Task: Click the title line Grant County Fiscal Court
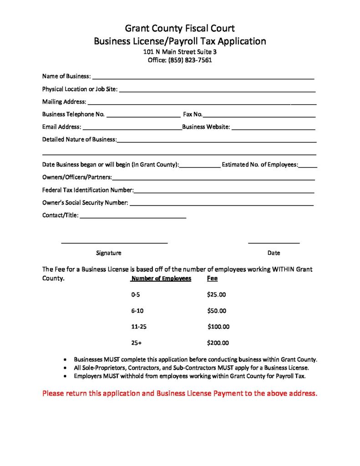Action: click(x=180, y=28)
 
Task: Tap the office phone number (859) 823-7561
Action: click(x=190, y=60)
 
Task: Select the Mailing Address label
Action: click(x=64, y=101)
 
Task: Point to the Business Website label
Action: click(x=206, y=127)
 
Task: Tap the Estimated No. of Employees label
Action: click(x=260, y=165)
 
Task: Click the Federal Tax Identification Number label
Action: click(x=87, y=190)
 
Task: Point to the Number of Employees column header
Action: click(x=161, y=279)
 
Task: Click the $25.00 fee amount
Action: click(x=216, y=294)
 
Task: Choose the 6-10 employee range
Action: click(x=137, y=311)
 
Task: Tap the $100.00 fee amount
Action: click(x=218, y=327)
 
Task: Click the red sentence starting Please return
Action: click(x=179, y=393)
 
